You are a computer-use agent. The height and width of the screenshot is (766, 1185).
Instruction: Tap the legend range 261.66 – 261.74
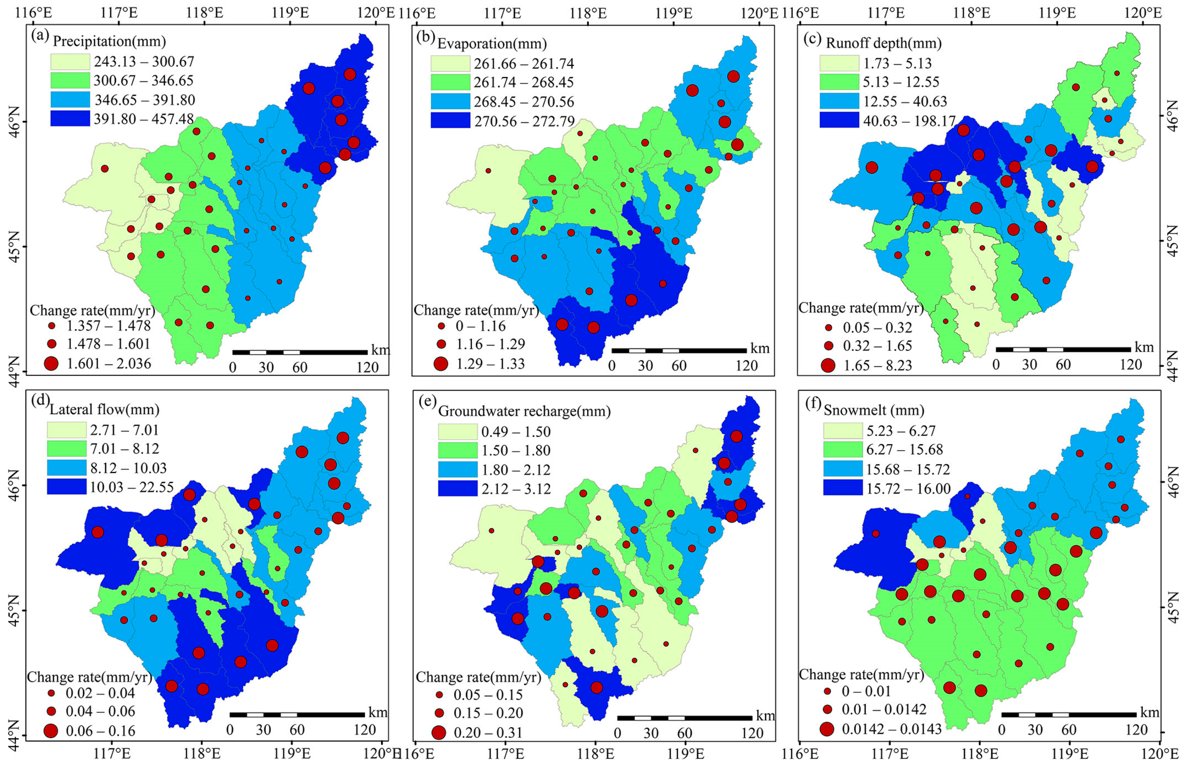pyautogui.click(x=523, y=64)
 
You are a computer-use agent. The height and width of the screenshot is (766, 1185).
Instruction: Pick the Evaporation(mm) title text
pyautogui.click(x=492, y=44)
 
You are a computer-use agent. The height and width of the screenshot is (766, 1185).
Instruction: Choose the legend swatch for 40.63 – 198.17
pyautogui.click(x=839, y=120)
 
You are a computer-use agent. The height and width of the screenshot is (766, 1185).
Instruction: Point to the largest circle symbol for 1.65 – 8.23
pyautogui.click(x=828, y=366)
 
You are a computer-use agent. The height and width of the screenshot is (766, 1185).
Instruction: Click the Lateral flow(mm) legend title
pyautogui.click(x=104, y=409)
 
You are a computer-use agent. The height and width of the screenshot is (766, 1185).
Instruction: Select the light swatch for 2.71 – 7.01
pyautogui.click(x=67, y=429)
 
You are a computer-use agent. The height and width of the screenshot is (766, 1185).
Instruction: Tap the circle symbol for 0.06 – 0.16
pyautogui.click(x=50, y=731)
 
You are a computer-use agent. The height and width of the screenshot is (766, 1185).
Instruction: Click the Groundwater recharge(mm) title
pyautogui.click(x=524, y=411)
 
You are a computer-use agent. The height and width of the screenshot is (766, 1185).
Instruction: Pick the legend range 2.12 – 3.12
pyautogui.click(x=516, y=489)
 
